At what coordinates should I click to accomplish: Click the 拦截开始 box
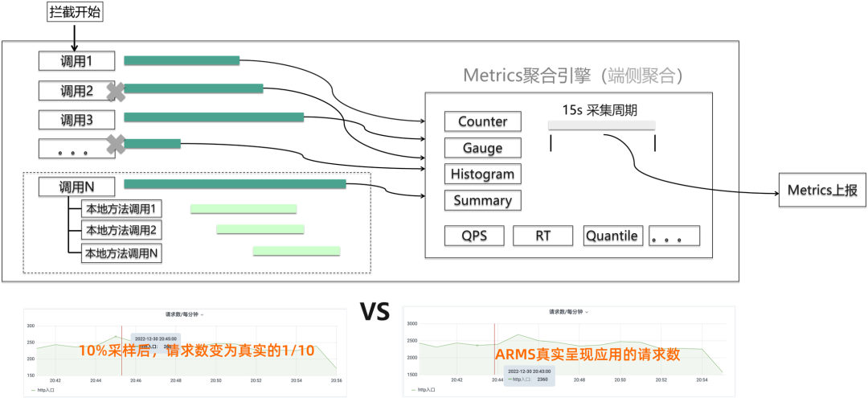tap(76, 12)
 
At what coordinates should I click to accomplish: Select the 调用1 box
tap(76, 61)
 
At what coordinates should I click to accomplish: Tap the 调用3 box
tap(76, 120)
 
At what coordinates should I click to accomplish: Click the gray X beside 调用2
tap(117, 91)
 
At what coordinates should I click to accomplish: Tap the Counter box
tap(482, 121)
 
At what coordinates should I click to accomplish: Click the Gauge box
tap(482, 148)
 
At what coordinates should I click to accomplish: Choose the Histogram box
tap(482, 174)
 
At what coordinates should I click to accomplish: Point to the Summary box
tap(482, 200)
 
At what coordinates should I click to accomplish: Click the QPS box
tap(476, 236)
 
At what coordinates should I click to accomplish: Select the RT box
tap(542, 236)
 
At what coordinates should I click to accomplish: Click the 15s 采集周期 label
tap(602, 108)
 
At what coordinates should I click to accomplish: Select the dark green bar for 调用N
tap(235, 185)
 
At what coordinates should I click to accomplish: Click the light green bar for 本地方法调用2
tap(260, 229)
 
